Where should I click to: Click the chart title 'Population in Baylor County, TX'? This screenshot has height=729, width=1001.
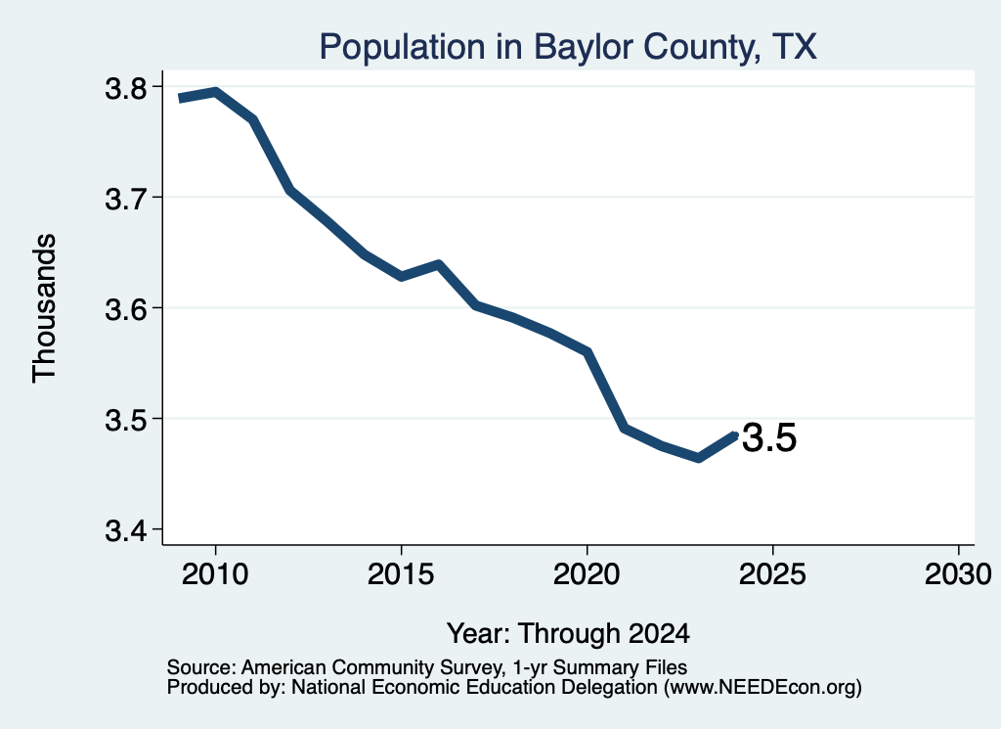568,47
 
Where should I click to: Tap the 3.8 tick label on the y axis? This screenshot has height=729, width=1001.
126,88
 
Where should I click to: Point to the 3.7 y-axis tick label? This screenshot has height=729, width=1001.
126,199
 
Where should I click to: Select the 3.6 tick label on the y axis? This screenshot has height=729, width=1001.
126,309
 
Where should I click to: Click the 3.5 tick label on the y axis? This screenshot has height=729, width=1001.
126,420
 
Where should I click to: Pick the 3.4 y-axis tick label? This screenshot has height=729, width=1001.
126,530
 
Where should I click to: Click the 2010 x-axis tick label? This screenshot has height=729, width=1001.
215,573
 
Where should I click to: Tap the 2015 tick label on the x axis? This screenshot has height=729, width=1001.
401,573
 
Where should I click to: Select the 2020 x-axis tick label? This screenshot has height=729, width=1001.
587,573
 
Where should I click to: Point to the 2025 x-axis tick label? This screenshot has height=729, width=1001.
772,573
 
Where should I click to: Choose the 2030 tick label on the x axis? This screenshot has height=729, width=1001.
958,573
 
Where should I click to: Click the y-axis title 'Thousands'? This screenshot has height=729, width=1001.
45,308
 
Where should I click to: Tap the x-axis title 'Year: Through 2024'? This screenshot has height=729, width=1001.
568,633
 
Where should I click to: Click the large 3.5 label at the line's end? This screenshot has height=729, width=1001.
769,437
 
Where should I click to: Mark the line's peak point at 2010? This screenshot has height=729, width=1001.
216,93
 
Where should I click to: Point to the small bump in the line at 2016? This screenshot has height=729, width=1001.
439,264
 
